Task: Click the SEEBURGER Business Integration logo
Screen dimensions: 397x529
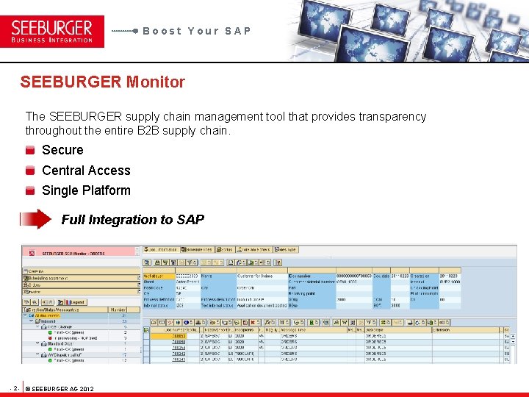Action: point(52,32)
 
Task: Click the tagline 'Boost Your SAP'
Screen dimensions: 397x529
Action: point(196,31)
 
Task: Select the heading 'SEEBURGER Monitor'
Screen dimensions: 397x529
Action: point(102,82)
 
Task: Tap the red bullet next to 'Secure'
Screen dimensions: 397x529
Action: point(30,150)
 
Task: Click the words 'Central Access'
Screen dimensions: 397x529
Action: point(86,171)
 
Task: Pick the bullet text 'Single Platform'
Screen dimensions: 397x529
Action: point(86,190)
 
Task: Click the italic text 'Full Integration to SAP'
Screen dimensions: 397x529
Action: point(132,220)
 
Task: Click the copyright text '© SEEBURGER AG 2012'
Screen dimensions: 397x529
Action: point(60,388)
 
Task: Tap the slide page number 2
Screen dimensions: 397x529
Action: point(15,388)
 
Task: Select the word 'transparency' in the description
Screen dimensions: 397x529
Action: point(390,117)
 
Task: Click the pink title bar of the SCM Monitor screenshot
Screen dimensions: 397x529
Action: point(81,251)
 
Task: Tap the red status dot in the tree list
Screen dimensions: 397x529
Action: point(48,338)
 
